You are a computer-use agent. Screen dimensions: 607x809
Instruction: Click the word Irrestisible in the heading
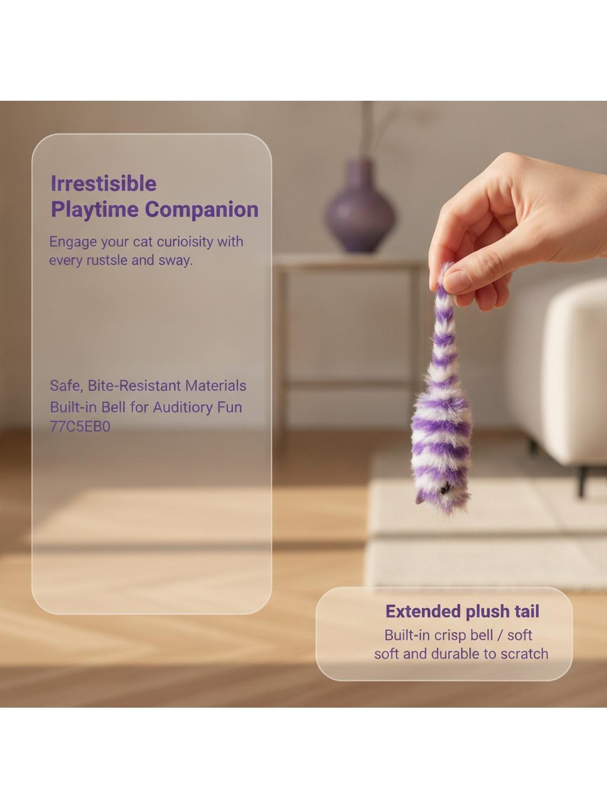(104, 183)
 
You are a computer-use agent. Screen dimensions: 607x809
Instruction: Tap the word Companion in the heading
(202, 209)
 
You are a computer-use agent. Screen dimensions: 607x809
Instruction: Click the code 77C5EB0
(80, 427)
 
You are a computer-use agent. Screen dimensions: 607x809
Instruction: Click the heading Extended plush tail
(462, 612)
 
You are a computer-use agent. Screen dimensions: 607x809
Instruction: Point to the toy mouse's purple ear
(420, 498)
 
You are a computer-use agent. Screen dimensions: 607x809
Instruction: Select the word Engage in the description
(73, 242)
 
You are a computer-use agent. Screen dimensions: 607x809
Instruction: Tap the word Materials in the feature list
(216, 385)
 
